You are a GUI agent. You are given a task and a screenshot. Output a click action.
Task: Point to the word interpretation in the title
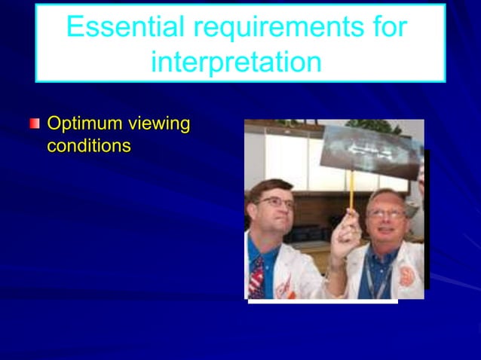(x=236, y=63)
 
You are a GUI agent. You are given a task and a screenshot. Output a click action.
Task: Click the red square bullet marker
(x=34, y=123)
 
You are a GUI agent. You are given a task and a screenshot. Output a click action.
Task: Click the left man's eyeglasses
(x=275, y=202)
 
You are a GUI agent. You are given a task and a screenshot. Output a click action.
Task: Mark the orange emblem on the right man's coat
(x=407, y=276)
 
